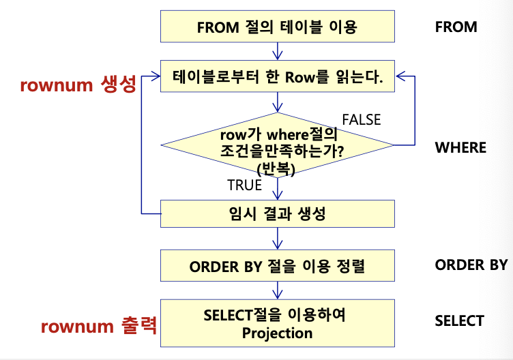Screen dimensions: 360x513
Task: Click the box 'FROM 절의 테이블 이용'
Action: pyautogui.click(x=277, y=27)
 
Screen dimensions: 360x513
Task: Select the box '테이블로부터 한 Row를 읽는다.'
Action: pyautogui.click(x=277, y=78)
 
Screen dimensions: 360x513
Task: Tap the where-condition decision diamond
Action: pyautogui.click(x=277, y=145)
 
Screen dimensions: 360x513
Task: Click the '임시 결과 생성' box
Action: pyautogui.click(x=277, y=213)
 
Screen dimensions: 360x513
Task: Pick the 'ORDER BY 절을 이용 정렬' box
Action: pyautogui.click(x=277, y=265)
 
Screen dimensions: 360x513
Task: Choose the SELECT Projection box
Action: pyautogui.click(x=277, y=324)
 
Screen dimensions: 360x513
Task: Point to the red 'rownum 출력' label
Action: pyautogui.click(x=99, y=326)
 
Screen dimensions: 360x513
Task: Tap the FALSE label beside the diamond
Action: pyautogui.click(x=361, y=120)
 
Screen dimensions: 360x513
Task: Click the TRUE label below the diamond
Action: pyautogui.click(x=244, y=185)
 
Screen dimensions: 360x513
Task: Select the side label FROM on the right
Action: pyautogui.click(x=456, y=27)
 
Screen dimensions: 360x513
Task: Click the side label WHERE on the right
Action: pyautogui.click(x=460, y=147)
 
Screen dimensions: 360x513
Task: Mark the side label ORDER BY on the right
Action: pyautogui.click(x=471, y=265)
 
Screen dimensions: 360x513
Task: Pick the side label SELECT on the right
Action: pyautogui.click(x=459, y=321)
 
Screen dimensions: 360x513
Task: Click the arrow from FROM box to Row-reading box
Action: pyautogui.click(x=277, y=51)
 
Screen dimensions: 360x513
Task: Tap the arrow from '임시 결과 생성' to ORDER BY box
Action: pyautogui.click(x=277, y=239)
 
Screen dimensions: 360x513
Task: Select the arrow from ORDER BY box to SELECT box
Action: pyautogui.click(x=277, y=290)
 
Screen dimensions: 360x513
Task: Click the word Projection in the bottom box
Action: pyautogui.click(x=277, y=333)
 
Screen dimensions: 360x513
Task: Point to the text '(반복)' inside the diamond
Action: pyautogui.click(x=277, y=170)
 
